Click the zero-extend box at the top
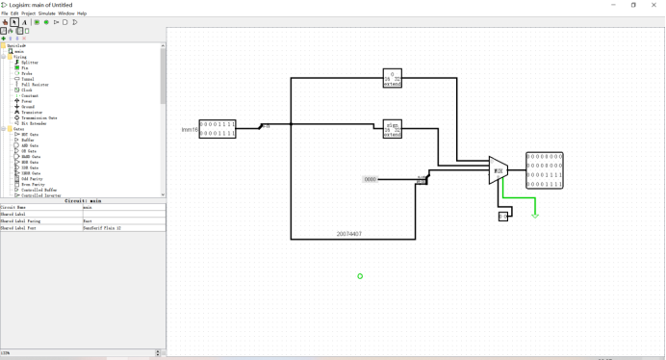(392, 78)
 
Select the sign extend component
(392, 129)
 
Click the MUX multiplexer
(498, 171)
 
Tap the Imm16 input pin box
(218, 129)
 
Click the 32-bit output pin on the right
(545, 169)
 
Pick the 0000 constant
(371, 179)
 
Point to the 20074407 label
(349, 233)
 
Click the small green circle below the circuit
(360, 276)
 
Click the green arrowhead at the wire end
(535, 215)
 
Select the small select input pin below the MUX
(502, 216)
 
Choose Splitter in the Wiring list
(30, 63)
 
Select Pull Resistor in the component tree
(35, 85)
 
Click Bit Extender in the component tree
(35, 123)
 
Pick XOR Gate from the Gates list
(30, 167)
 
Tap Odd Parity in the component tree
(31, 178)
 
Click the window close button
(654, 5)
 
